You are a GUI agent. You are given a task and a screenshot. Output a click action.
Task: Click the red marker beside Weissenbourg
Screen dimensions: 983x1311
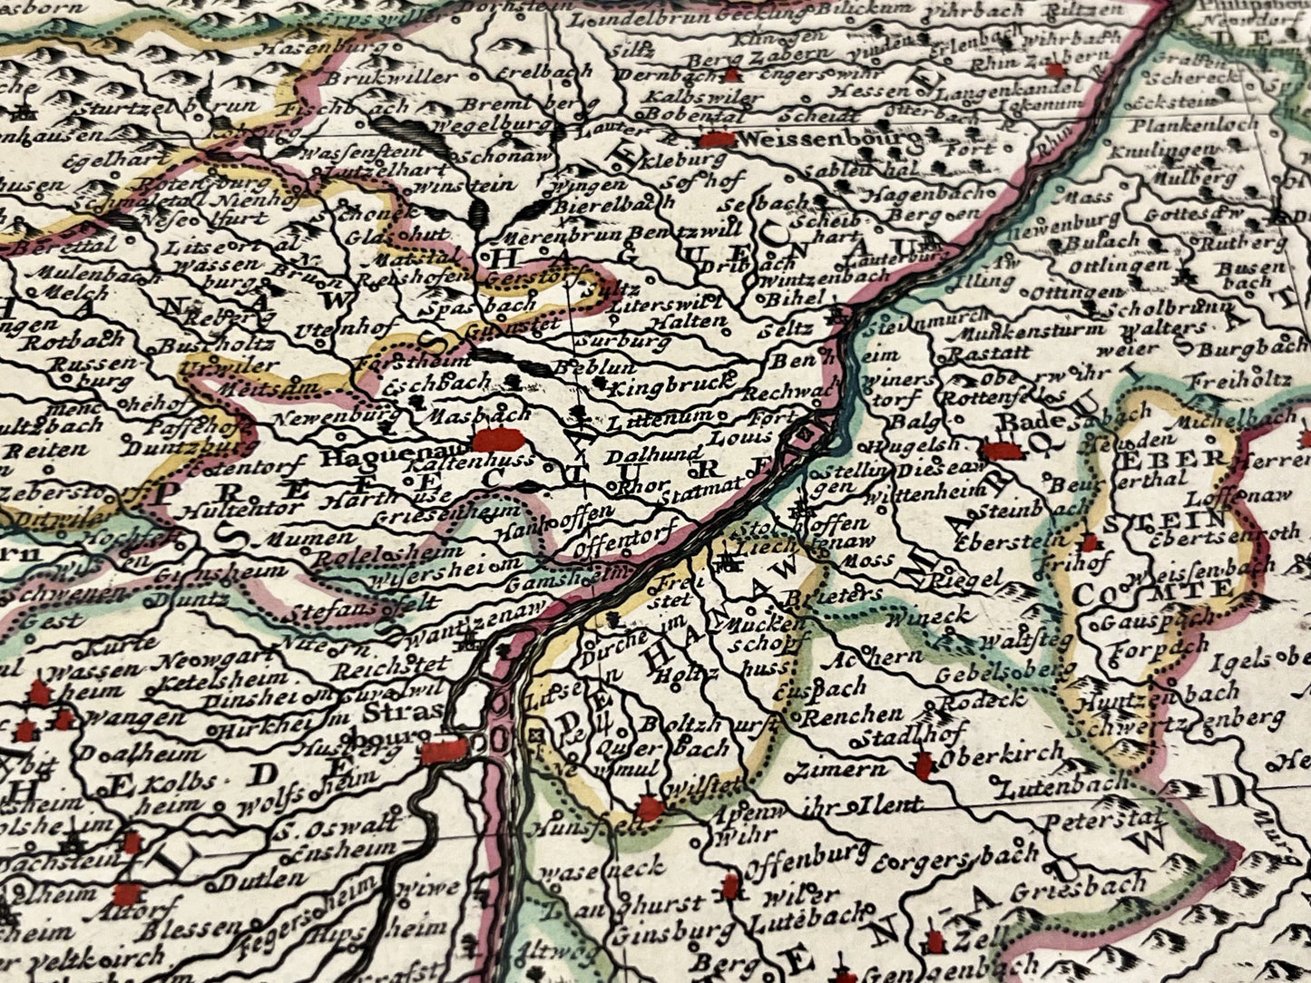(717, 140)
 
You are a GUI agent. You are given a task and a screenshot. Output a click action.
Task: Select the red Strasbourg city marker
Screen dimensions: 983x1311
(444, 750)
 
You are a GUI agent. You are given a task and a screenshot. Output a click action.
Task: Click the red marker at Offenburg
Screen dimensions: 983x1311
(731, 886)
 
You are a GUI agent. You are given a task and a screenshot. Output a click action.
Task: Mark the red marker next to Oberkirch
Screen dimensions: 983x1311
(924, 766)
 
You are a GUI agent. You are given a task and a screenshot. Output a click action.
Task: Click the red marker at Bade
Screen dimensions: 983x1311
(1002, 450)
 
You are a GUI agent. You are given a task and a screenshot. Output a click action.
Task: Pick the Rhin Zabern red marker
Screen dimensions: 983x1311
(1054, 70)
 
